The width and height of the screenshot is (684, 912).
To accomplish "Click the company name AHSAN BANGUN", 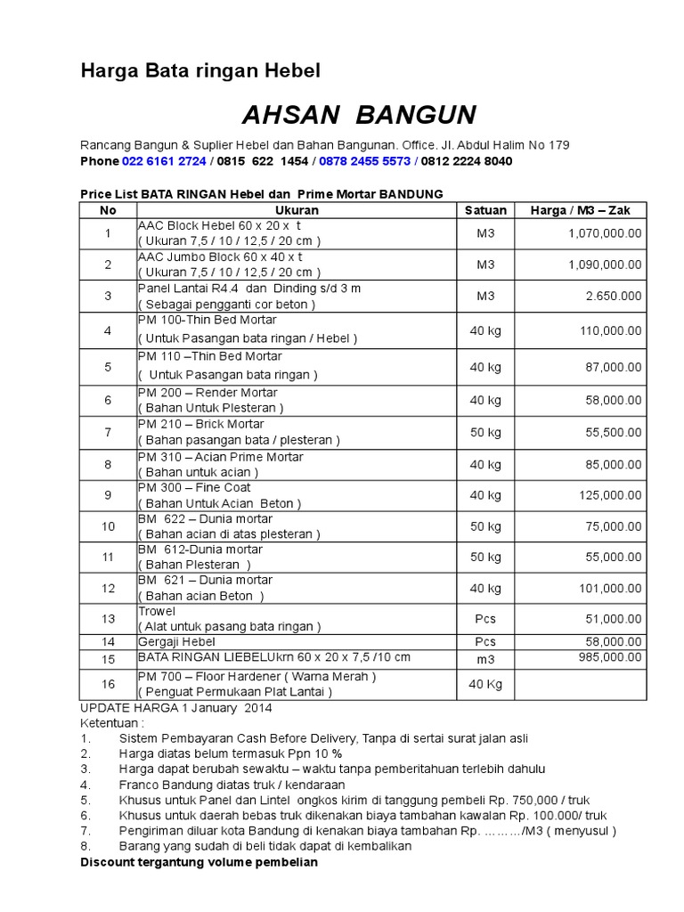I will tap(359, 115).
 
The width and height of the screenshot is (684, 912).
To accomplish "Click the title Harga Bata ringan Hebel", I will tap(200, 70).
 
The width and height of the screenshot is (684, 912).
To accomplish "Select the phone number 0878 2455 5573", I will tap(364, 161).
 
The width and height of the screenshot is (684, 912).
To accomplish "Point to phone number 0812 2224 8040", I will tap(466, 161).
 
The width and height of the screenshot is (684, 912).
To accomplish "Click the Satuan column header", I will tap(485, 210).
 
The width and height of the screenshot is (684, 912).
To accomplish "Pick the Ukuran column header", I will tap(297, 210).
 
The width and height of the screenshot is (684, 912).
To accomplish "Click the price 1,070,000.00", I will tap(604, 233).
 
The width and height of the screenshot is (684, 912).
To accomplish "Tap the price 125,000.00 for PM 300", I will tap(607, 495).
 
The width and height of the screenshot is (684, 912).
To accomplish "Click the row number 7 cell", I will tap(108, 433).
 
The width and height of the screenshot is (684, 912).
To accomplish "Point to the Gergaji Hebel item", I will tap(176, 641).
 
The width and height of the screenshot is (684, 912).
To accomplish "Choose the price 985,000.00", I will tap(607, 657).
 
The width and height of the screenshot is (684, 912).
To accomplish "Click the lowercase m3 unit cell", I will tap(485, 659).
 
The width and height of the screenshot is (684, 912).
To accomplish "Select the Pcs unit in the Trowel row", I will tap(485, 618).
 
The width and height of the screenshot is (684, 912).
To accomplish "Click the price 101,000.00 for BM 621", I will tap(607, 588).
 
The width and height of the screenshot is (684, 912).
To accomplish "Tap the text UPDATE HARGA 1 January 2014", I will tap(176, 708).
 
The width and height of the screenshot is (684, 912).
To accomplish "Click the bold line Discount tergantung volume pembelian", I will tap(199, 862).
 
